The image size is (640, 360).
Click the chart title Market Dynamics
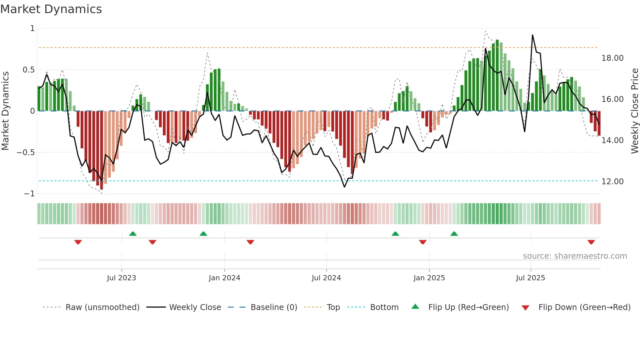click(51, 9)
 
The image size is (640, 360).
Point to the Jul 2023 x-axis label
click(121, 278)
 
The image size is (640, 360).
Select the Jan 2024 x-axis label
click(224, 278)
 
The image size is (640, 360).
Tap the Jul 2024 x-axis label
click(326, 278)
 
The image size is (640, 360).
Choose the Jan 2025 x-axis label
click(429, 278)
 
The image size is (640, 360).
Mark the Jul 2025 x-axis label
click(530, 278)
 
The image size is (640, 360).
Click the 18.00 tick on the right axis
click(612, 58)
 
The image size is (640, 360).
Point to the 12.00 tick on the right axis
click(612, 182)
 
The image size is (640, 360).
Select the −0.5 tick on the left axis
click(25, 153)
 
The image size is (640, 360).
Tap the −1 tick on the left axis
click(29, 194)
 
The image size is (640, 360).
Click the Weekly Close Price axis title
click(634, 111)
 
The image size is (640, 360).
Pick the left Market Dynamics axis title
click(5, 111)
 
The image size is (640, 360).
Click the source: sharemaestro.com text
click(575, 256)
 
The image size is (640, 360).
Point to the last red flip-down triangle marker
click(591, 242)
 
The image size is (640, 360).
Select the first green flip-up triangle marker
click(133, 234)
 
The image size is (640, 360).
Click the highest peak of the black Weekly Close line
click(532, 35)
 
